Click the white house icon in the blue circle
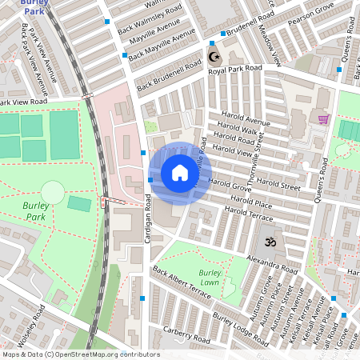180,173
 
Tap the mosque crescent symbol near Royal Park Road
213,57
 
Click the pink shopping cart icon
323,119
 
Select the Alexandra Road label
273,263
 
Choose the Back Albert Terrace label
182,283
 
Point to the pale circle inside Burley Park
52,192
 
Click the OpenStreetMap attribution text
80,354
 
